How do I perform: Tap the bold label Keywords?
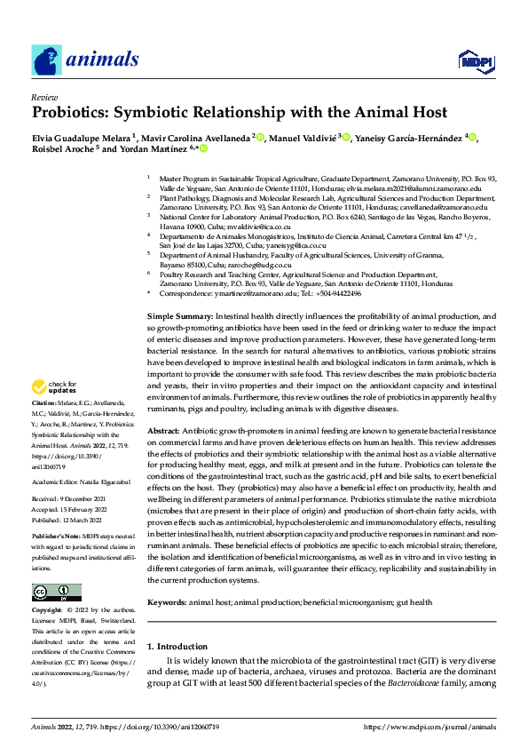point(169,601)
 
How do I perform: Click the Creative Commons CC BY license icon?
point(57,592)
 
